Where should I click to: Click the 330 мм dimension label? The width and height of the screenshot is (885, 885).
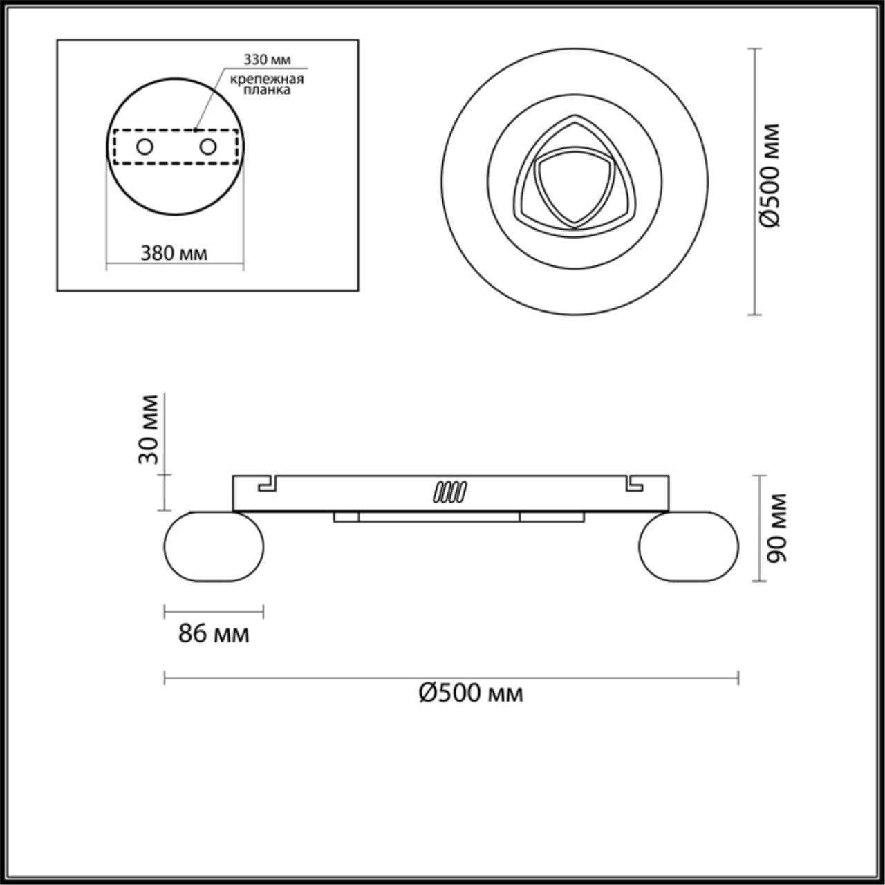pyautogui.click(x=267, y=59)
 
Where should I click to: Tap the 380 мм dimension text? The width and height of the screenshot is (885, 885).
pyautogui.click(x=174, y=253)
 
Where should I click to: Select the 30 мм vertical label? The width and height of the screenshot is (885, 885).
pyautogui.click(x=149, y=429)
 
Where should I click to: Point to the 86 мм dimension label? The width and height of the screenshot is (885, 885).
pyautogui.click(x=214, y=634)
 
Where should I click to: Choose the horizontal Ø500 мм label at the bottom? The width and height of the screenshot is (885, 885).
pyautogui.click(x=471, y=706)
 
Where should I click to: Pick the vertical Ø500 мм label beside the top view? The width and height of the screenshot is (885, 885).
pyautogui.click(x=770, y=176)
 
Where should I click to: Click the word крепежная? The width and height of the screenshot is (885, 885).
pyautogui.click(x=267, y=80)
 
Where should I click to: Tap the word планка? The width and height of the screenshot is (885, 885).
pyautogui.click(x=267, y=90)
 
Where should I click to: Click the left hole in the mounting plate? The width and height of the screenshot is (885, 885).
pyautogui.click(x=145, y=147)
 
